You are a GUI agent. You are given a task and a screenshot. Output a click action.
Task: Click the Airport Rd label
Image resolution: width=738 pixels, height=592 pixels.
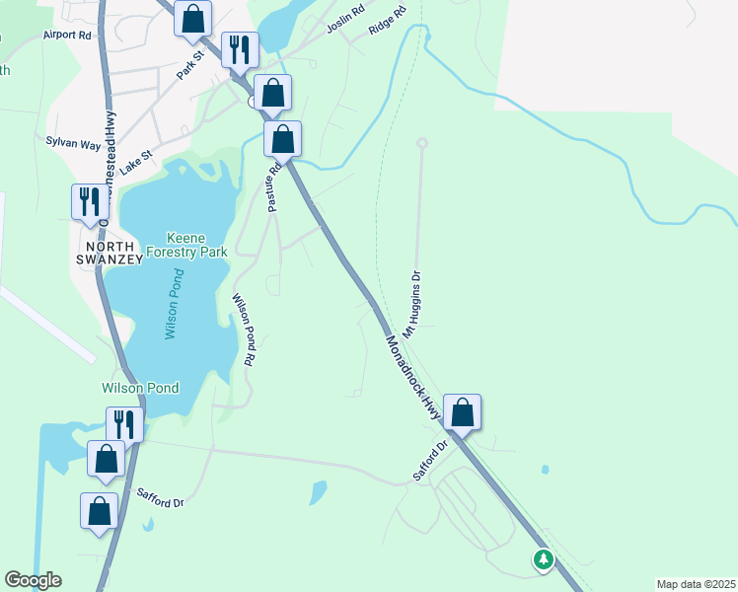click(66, 35)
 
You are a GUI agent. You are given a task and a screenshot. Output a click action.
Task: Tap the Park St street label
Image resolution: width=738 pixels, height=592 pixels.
click(188, 67)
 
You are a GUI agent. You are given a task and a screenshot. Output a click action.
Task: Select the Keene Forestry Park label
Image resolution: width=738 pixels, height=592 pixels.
click(197, 245)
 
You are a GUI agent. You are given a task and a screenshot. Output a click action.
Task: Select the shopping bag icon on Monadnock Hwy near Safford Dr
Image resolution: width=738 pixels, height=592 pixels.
click(462, 412)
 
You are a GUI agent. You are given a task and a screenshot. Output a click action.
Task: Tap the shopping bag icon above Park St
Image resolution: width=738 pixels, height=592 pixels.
click(193, 18)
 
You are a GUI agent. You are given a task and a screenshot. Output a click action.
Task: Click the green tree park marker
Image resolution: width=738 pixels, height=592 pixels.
click(543, 560)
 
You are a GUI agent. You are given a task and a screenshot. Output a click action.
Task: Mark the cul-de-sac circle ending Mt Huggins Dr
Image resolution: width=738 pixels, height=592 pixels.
click(422, 143)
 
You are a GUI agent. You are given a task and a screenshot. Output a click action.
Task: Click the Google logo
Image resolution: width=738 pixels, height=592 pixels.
click(33, 580)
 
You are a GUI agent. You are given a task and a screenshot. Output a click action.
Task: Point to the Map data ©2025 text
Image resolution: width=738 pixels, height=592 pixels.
click(696, 583)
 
